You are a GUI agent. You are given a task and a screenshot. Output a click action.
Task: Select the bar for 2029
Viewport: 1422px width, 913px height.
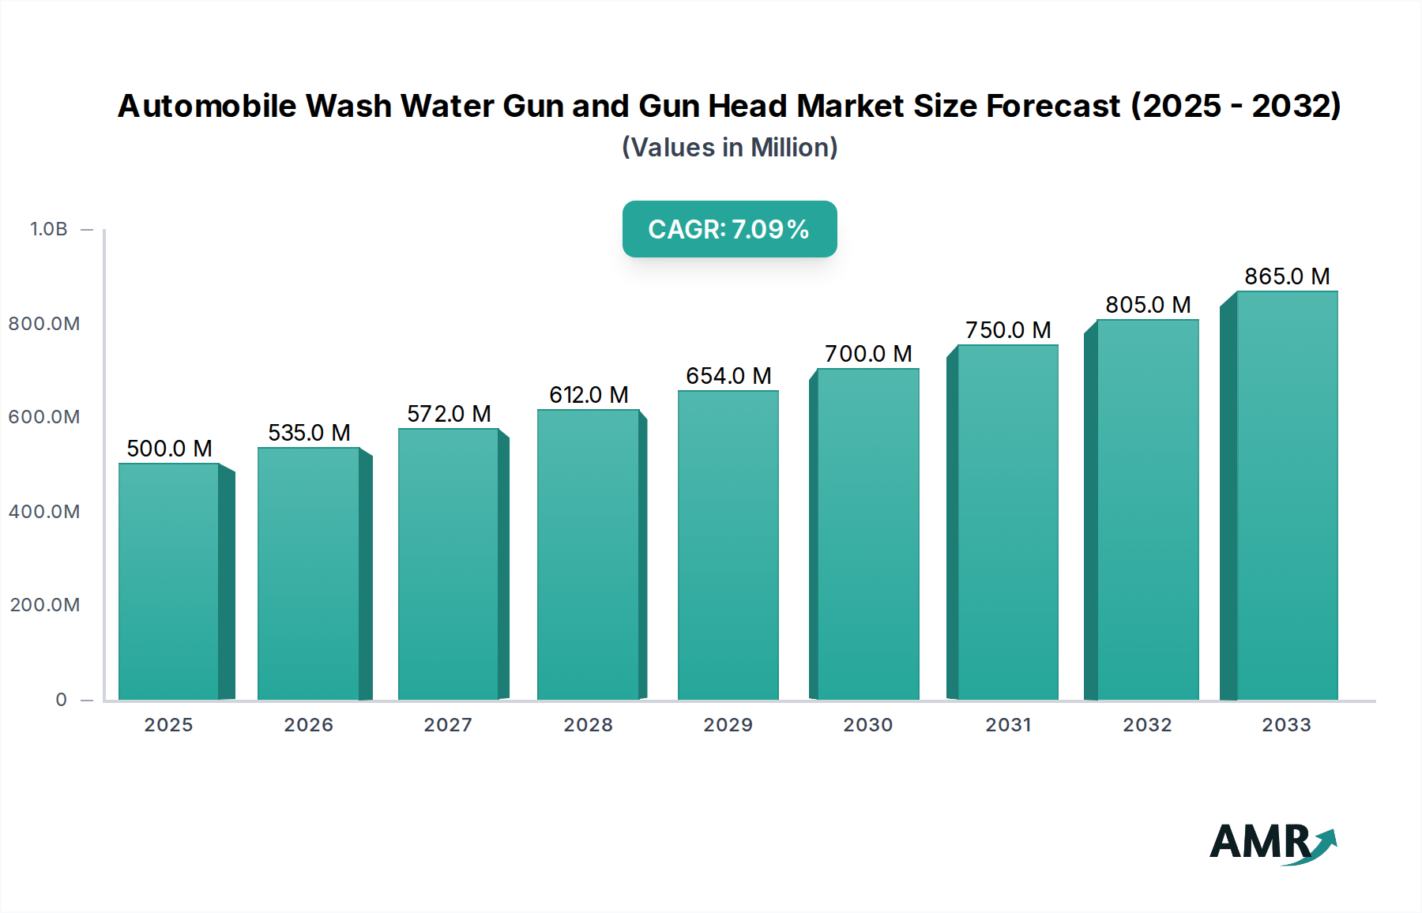[728, 545]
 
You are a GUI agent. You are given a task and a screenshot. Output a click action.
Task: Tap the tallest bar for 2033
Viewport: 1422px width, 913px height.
[1287, 495]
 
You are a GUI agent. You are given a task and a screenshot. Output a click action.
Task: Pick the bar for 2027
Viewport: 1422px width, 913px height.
[449, 564]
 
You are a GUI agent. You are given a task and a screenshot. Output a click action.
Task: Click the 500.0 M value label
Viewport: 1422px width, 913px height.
[169, 449]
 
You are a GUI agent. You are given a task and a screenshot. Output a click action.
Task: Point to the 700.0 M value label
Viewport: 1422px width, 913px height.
[868, 354]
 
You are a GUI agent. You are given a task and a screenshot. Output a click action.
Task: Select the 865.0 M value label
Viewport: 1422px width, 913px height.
[1287, 276]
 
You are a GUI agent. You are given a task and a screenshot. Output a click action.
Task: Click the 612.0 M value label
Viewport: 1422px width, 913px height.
[589, 395]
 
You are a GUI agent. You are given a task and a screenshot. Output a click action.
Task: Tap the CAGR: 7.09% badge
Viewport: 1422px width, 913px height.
[729, 229]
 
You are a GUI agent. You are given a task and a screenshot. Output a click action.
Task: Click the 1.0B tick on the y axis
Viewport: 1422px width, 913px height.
[49, 229]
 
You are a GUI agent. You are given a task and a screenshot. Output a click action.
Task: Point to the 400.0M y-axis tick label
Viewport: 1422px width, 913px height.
[44, 512]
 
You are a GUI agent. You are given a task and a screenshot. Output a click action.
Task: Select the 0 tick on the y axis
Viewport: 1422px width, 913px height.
[61, 700]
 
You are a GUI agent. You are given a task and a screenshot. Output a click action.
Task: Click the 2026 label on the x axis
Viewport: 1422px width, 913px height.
[309, 725]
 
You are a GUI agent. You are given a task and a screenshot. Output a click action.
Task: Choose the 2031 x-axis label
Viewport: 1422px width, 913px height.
[1008, 725]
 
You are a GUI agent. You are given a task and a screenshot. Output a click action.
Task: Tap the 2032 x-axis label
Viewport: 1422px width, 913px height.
[1147, 725]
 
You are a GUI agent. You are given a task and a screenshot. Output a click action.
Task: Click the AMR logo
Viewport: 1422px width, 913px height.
[1273, 843]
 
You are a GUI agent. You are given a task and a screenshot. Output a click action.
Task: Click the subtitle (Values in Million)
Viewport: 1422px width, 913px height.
[729, 148]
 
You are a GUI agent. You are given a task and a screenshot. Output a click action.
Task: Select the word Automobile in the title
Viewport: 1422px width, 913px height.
[207, 106]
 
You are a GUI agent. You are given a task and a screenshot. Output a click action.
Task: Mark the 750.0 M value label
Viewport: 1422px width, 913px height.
[1008, 330]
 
